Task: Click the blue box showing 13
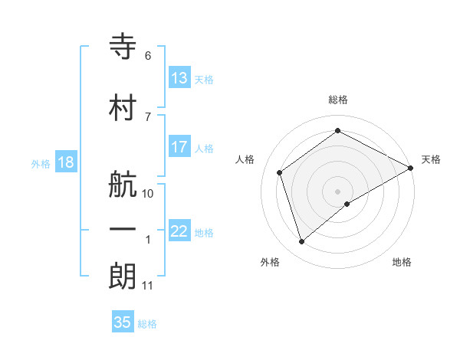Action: click(x=179, y=78)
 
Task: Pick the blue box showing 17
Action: click(x=179, y=147)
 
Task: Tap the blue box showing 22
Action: click(x=179, y=232)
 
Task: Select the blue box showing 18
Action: click(x=65, y=162)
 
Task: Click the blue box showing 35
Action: click(x=123, y=322)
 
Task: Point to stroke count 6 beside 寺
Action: click(x=147, y=56)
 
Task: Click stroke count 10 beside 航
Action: click(x=148, y=193)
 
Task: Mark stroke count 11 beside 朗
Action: click(x=147, y=286)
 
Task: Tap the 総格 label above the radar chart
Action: click(x=338, y=100)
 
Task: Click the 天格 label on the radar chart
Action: click(x=431, y=159)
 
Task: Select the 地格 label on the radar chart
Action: click(x=402, y=262)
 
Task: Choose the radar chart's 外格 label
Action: click(x=270, y=262)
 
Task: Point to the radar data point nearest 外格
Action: click(x=302, y=242)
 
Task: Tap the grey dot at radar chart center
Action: click(x=338, y=191)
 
